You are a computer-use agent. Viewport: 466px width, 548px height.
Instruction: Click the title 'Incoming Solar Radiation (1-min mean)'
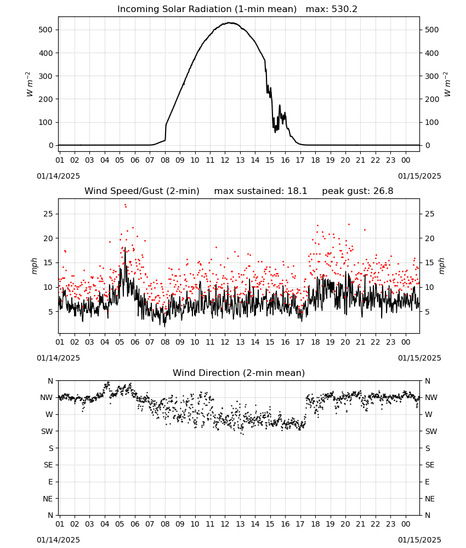(207, 9)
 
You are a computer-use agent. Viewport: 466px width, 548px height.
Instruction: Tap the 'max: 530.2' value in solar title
(332, 9)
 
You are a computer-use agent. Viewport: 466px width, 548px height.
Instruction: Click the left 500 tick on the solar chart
(46, 30)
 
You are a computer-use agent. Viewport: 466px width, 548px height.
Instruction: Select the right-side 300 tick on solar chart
(432, 76)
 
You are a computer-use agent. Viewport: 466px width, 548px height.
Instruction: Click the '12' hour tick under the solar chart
(225, 160)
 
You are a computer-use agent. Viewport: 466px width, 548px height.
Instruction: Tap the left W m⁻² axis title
(30, 84)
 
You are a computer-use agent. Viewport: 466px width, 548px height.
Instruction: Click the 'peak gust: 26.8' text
(357, 191)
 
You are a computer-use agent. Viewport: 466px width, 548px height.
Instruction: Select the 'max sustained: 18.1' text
(260, 191)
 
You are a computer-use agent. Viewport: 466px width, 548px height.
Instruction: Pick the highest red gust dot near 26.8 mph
(125, 205)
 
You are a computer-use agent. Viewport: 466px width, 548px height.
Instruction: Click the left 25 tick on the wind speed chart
(48, 214)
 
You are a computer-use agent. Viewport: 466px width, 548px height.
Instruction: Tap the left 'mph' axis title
(34, 266)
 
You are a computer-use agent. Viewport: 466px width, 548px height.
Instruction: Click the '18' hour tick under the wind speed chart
(315, 342)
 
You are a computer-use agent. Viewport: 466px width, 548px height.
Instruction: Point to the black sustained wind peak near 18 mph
(125, 248)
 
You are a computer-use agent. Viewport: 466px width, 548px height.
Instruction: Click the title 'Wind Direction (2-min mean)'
(239, 373)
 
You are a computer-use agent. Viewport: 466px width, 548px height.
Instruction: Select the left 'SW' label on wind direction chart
(47, 431)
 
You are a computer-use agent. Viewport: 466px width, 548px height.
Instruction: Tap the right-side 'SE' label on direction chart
(430, 465)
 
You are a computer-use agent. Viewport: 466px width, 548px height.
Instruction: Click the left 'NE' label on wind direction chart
(48, 499)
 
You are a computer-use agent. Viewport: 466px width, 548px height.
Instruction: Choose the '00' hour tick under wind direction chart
(406, 524)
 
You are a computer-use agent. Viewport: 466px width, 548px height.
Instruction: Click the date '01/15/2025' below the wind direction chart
(419, 540)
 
